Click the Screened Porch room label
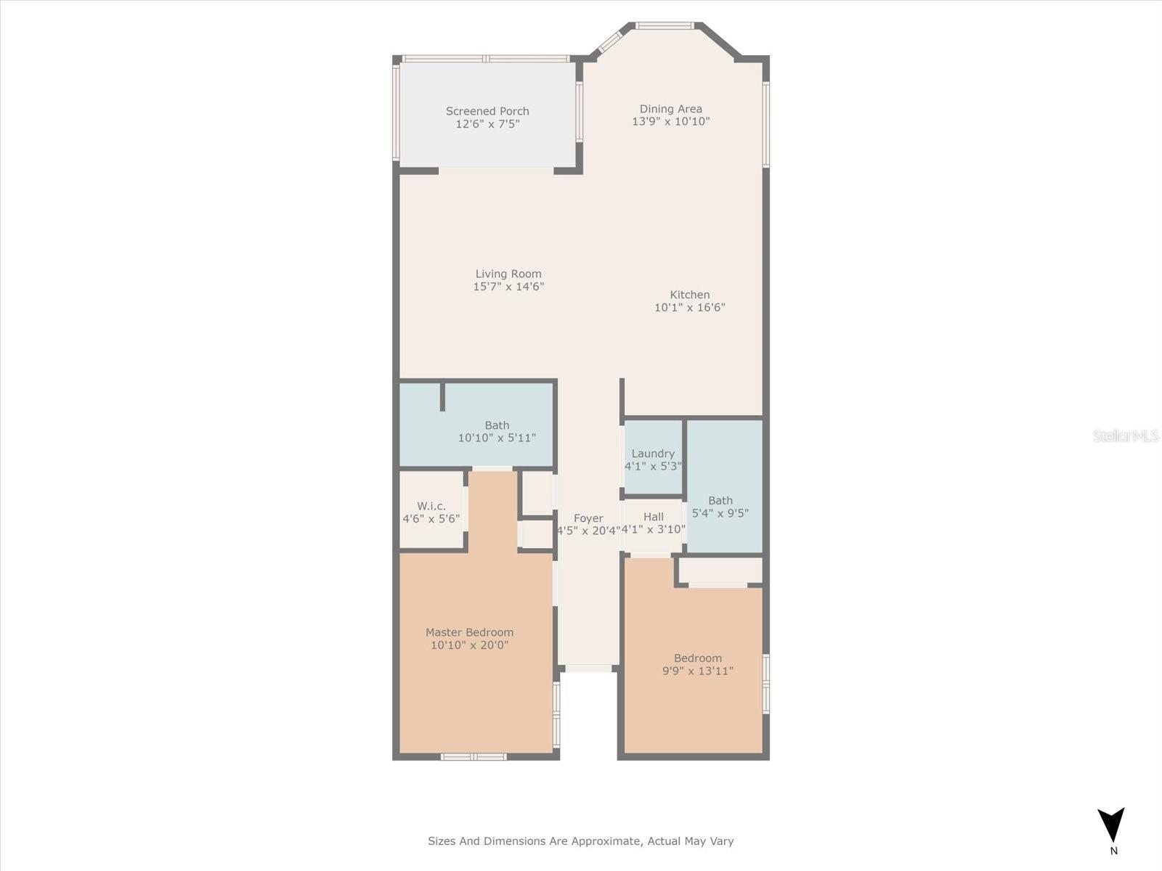[x=487, y=111]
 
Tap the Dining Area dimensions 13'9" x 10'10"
[x=670, y=122]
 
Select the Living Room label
[x=508, y=274]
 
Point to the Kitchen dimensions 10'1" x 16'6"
[x=689, y=308]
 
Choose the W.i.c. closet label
[x=431, y=506]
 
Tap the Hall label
[x=653, y=517]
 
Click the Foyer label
[x=588, y=518]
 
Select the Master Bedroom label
[x=469, y=632]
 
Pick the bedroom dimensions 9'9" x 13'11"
[x=697, y=671]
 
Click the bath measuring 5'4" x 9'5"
[x=720, y=506]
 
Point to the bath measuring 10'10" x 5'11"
[x=497, y=431]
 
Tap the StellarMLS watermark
[x=1126, y=435]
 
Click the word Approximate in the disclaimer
[x=604, y=841]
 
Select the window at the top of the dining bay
[x=665, y=26]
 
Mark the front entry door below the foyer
[x=588, y=668]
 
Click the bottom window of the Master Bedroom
[x=474, y=756]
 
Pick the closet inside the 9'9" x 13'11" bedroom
[x=719, y=571]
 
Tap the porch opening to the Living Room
[x=496, y=171]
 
